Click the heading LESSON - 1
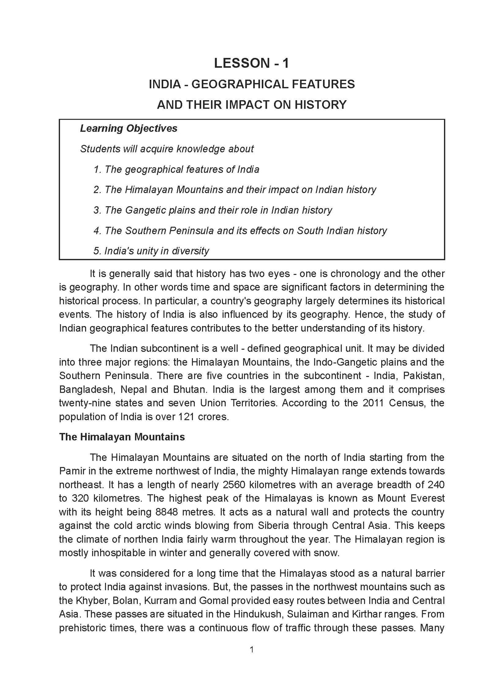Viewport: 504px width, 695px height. click(x=251, y=63)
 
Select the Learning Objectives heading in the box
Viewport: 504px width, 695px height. click(x=129, y=128)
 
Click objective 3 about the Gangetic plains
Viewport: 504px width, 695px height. click(x=213, y=210)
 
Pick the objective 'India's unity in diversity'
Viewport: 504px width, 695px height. click(x=151, y=251)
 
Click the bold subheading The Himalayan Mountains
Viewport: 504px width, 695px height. click(x=122, y=437)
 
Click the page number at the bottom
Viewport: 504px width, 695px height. click(x=251, y=650)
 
